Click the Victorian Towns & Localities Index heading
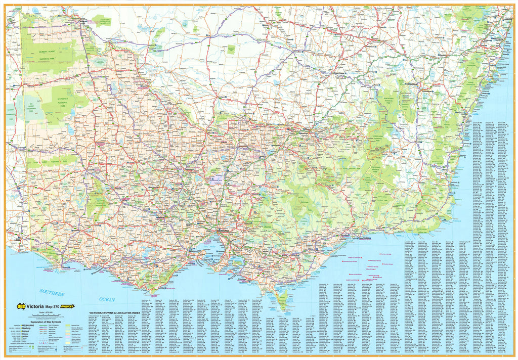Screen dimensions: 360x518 click(x=112, y=313)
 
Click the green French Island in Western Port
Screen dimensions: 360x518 click(x=236, y=261)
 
